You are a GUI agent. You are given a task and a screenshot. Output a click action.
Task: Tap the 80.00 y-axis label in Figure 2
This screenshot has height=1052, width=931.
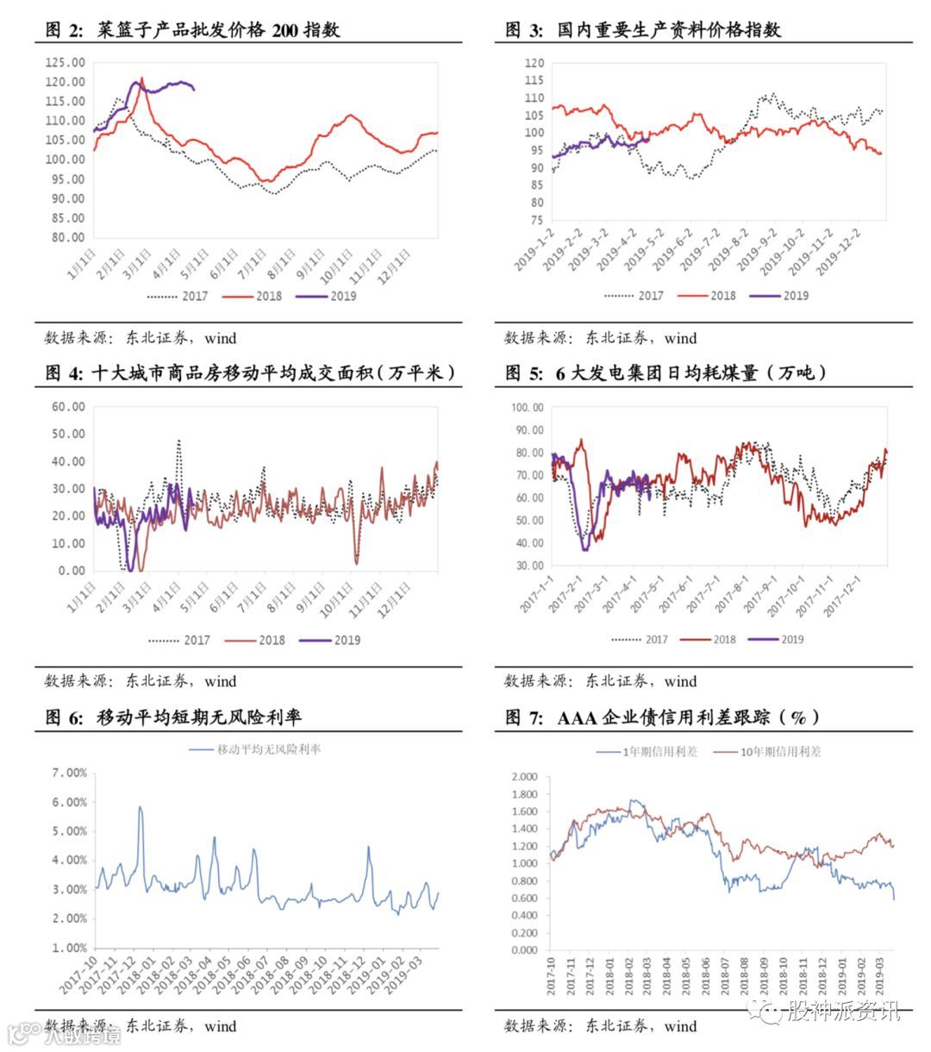[x=67, y=237]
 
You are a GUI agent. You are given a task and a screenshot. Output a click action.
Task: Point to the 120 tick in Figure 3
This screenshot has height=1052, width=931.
[x=534, y=63]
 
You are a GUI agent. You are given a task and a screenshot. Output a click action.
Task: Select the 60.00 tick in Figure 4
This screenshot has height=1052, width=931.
[x=68, y=407]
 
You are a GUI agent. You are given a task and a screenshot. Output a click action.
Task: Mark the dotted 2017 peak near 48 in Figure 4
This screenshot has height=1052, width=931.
[x=178, y=441]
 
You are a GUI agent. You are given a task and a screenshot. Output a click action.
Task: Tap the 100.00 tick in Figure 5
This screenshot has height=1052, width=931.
[x=527, y=407]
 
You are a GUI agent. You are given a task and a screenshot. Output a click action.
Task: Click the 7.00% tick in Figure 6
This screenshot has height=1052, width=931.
[x=70, y=773]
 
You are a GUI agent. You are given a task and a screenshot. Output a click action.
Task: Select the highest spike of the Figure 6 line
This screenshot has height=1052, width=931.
[x=140, y=807]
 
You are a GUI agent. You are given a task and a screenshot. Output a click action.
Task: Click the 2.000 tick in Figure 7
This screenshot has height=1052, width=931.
[x=524, y=777]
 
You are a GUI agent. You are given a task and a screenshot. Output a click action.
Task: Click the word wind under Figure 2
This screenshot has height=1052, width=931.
[x=221, y=338]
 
